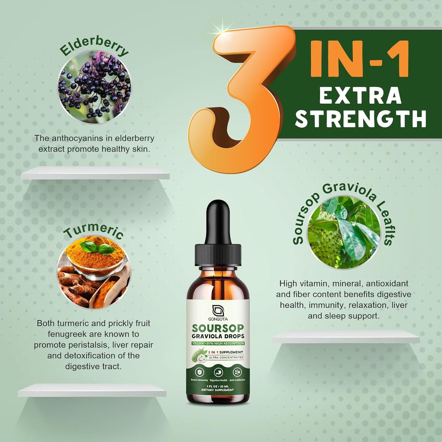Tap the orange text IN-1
359,60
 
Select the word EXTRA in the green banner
360,96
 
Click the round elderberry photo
94,87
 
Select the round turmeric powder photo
94,272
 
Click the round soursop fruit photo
344,232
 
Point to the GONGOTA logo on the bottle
218,312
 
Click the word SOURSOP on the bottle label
218,328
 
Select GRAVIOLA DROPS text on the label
218,336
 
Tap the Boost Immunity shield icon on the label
199,372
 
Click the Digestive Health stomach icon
218,372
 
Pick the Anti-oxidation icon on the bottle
237,372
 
